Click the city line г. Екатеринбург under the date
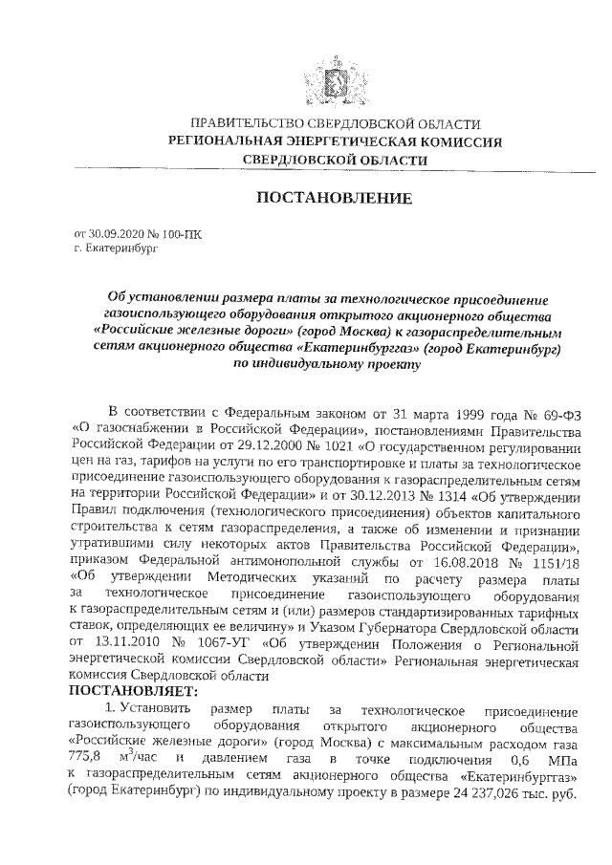pos(113,248)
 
